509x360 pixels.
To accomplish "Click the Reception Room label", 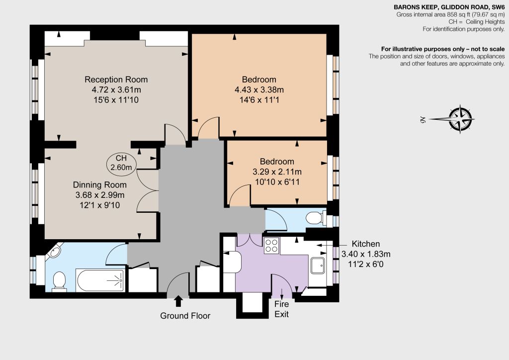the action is click(x=116, y=80).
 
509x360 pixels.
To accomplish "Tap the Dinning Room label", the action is click(x=99, y=184).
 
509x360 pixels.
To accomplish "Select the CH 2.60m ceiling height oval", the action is click(x=121, y=163).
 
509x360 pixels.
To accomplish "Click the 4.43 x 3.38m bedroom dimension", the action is click(x=259, y=90).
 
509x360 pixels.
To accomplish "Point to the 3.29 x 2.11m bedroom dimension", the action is click(x=277, y=172).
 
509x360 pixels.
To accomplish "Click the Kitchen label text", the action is click(x=366, y=244).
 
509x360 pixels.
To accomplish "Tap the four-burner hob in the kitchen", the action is click(x=271, y=246).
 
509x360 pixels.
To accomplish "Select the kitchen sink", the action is click(x=317, y=266).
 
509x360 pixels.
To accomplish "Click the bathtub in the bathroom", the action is click(x=100, y=280).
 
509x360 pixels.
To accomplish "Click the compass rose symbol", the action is click(x=460, y=119).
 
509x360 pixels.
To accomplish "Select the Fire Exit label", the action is click(x=281, y=309).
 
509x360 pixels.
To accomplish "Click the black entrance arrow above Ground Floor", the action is click(x=178, y=301).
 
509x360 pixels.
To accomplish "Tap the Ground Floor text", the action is click(x=185, y=316).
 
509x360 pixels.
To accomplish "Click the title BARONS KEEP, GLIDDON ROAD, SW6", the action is click(x=449, y=7).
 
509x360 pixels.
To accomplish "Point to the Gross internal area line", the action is click(x=450, y=14).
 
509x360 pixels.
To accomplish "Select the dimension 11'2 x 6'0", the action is click(x=366, y=264).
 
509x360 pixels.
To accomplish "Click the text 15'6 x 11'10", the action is click(x=116, y=100).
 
